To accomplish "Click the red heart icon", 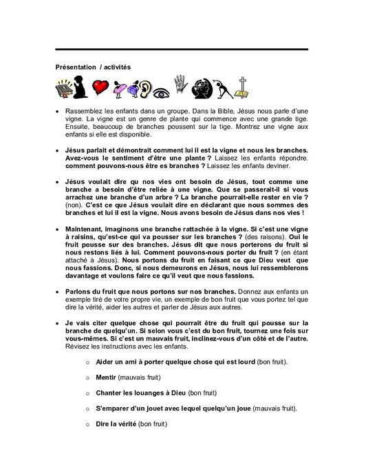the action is point(101,87).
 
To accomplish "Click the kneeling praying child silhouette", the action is point(82,87).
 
